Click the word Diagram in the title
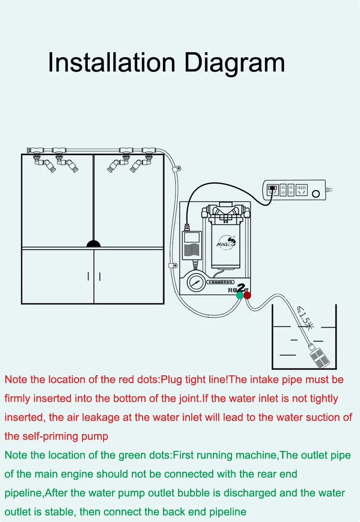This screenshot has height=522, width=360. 235,62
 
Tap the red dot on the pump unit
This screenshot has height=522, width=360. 247,295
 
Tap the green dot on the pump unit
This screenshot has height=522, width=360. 240,295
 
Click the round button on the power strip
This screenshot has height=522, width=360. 315,194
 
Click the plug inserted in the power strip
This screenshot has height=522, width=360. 272,189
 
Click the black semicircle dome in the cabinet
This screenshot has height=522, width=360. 94,243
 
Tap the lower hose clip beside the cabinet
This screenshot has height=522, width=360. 171,265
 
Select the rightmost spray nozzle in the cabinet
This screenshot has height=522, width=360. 137,166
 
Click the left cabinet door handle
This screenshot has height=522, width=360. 88,276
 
